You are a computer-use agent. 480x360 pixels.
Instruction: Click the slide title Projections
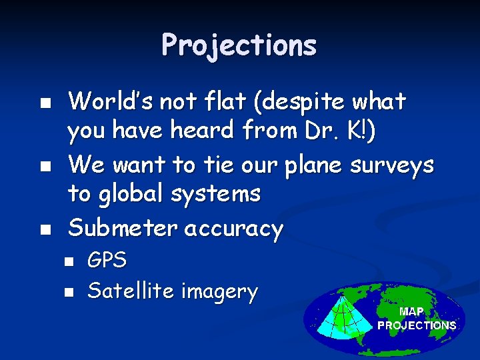coord(239,45)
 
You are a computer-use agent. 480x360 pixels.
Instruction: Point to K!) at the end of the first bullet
coord(361,131)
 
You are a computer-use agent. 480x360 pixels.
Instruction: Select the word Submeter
coord(123,228)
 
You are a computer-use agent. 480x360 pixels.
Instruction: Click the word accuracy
coord(233,228)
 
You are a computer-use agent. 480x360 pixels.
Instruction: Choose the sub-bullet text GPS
coord(107,260)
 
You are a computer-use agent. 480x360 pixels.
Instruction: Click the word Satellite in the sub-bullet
coord(126,291)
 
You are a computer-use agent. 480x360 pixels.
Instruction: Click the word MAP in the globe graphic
coord(411,311)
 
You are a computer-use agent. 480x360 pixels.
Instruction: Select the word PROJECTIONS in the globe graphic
coord(417,325)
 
